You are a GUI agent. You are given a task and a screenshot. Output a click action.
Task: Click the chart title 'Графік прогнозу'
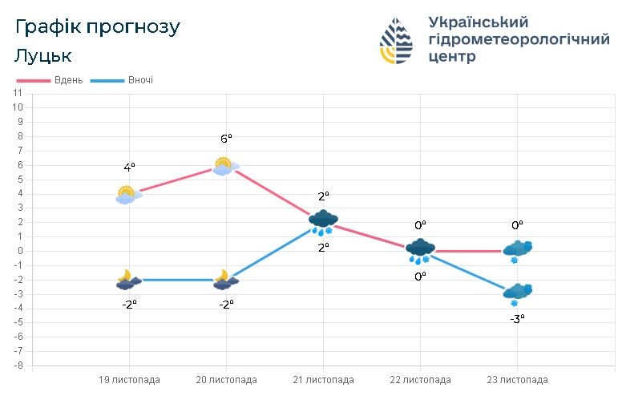point(98,27)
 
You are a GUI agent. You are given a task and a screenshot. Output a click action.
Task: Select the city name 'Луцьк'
point(43,56)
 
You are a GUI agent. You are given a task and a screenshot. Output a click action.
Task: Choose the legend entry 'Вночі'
point(140,81)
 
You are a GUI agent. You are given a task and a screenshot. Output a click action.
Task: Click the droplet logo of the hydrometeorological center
point(397,41)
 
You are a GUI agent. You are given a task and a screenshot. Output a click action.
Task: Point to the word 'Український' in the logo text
point(478,22)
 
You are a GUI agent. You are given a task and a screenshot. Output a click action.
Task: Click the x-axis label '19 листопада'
point(129,380)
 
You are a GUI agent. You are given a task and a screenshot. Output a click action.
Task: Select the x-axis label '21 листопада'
point(323,380)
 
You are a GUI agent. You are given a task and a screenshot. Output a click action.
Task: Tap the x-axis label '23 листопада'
point(517,380)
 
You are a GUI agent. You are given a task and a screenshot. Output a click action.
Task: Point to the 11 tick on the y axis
point(18,93)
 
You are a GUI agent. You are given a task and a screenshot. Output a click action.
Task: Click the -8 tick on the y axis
point(18,366)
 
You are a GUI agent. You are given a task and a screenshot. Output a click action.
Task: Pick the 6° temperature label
point(226,139)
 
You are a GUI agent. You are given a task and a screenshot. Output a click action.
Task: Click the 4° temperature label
point(129,168)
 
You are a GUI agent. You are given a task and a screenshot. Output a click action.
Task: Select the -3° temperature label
point(517,318)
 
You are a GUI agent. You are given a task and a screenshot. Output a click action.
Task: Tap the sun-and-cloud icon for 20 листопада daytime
point(224,166)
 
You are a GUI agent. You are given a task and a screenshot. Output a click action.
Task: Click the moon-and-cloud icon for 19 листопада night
point(127,280)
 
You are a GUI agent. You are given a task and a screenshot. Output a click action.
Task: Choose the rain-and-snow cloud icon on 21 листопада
point(323,222)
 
